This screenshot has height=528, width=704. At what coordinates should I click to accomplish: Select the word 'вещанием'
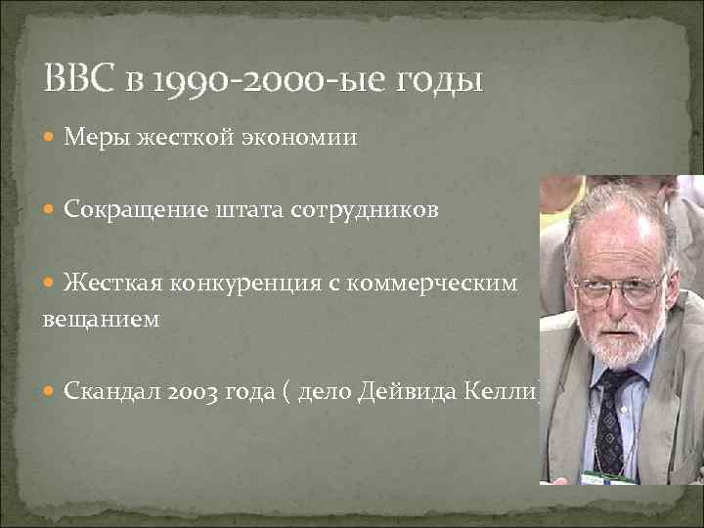tap(100, 320)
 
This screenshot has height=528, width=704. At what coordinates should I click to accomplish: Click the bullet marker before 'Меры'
tap(52, 139)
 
